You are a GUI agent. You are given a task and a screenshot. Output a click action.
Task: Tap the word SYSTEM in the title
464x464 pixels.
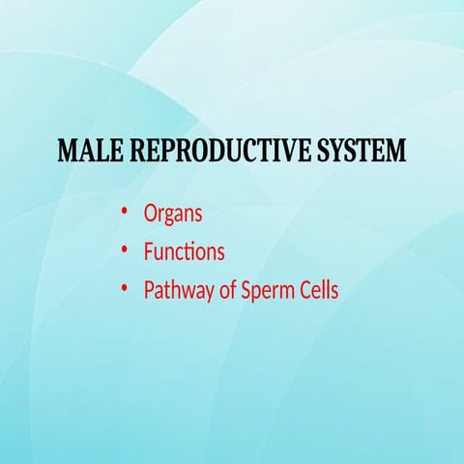356,153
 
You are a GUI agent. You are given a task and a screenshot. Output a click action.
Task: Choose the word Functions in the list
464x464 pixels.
184,252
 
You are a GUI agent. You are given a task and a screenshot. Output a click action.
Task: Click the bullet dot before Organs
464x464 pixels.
125,212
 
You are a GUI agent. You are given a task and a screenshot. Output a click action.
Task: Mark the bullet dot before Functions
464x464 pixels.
125,251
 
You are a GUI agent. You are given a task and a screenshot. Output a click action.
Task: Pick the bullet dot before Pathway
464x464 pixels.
125,289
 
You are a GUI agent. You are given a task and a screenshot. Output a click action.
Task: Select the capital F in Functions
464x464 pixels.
148,252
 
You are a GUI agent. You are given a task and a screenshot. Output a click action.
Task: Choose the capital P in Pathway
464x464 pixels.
149,290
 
